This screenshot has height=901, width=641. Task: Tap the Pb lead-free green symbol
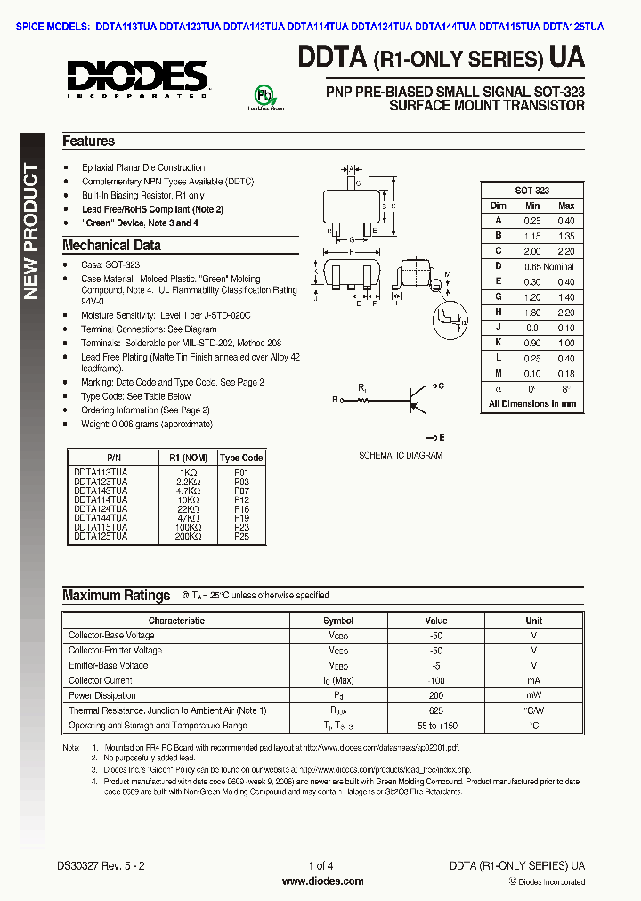click(264, 96)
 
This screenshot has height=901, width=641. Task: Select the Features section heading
click(88, 142)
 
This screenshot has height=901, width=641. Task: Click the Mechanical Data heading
click(111, 246)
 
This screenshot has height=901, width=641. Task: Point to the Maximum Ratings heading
click(116, 596)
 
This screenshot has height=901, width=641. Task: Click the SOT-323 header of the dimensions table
click(532, 191)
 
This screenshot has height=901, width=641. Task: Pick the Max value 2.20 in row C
click(565, 250)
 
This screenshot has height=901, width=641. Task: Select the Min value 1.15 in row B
click(532, 235)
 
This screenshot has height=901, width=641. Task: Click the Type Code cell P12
click(241, 499)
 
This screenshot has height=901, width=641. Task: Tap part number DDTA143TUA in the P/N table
click(101, 491)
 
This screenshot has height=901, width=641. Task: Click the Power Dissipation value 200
click(436, 695)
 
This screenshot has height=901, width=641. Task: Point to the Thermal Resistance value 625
click(436, 710)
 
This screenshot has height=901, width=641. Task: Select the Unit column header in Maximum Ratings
click(533, 621)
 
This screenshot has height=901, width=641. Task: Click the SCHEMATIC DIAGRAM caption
click(400, 455)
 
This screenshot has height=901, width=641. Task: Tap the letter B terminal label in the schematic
click(335, 400)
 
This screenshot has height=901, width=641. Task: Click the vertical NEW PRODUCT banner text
click(30, 231)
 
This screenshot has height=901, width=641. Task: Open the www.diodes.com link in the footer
click(321, 881)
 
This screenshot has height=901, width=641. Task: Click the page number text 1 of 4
click(320, 865)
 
